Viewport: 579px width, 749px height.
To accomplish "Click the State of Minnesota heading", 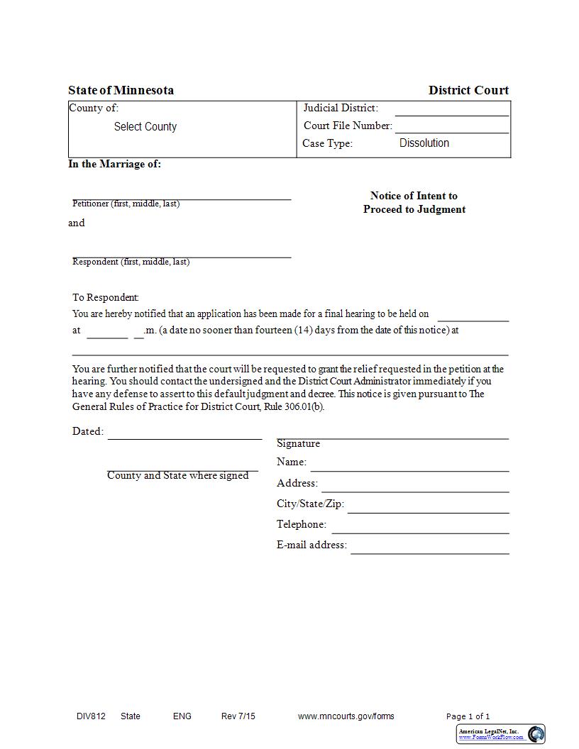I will pos(121,90).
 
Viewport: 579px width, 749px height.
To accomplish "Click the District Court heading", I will pos(468,90).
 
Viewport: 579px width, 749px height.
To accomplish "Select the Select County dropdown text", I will pos(145,127).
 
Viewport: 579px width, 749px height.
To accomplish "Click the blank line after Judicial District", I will pos(452,110).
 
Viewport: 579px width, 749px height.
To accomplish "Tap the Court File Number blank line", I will pos(452,127).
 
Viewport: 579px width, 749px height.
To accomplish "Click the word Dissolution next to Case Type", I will pos(424,143).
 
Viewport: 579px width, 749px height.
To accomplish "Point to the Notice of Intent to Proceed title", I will pos(414,202).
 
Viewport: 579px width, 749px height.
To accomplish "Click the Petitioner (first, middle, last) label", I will pos(126,204).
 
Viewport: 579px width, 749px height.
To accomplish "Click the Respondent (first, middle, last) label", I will pos(131,262).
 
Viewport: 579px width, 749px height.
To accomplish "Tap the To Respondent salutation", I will pos(106,297).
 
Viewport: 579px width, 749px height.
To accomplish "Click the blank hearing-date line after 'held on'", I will pos(473,316).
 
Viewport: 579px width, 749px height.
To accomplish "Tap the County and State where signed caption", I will pos(177,475).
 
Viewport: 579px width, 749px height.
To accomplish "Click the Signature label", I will pos(298,443).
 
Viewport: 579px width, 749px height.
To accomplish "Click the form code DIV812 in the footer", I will pos(91,716).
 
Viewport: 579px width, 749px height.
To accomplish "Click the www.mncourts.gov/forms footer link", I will pos(346,716).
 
